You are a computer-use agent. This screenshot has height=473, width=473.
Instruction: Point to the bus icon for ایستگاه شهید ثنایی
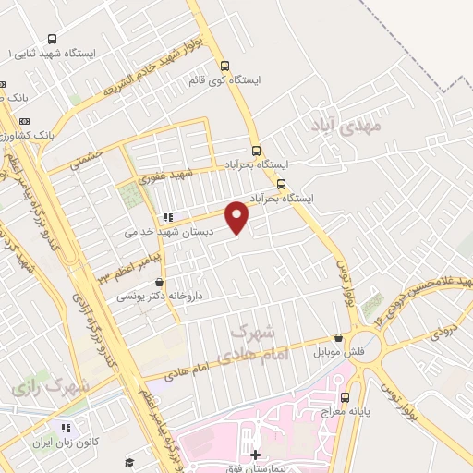(x=51, y=40)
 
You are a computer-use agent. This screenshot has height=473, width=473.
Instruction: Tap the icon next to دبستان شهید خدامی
(x=166, y=218)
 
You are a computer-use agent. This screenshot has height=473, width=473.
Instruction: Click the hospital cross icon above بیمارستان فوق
(x=256, y=455)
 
